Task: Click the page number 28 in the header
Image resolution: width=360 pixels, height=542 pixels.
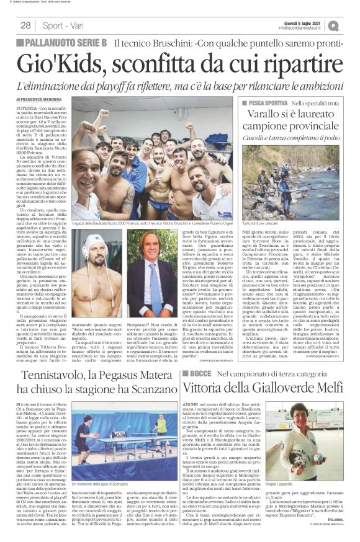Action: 25,25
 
